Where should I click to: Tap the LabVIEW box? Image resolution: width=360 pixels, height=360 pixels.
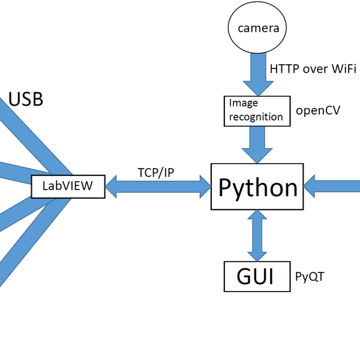click(68, 185)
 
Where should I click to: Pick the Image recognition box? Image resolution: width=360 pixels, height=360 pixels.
click(256, 110)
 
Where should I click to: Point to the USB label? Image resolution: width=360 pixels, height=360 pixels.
click(26, 99)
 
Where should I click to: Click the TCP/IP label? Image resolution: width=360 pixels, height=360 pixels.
click(155, 172)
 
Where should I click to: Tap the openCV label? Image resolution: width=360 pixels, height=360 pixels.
click(318, 111)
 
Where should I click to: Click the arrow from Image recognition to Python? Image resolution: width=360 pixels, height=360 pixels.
click(257, 144)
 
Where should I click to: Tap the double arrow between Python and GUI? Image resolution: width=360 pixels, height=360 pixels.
click(257, 236)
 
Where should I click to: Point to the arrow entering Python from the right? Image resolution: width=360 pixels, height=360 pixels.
click(333, 185)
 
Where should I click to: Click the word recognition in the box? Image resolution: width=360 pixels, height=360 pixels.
click(256, 116)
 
